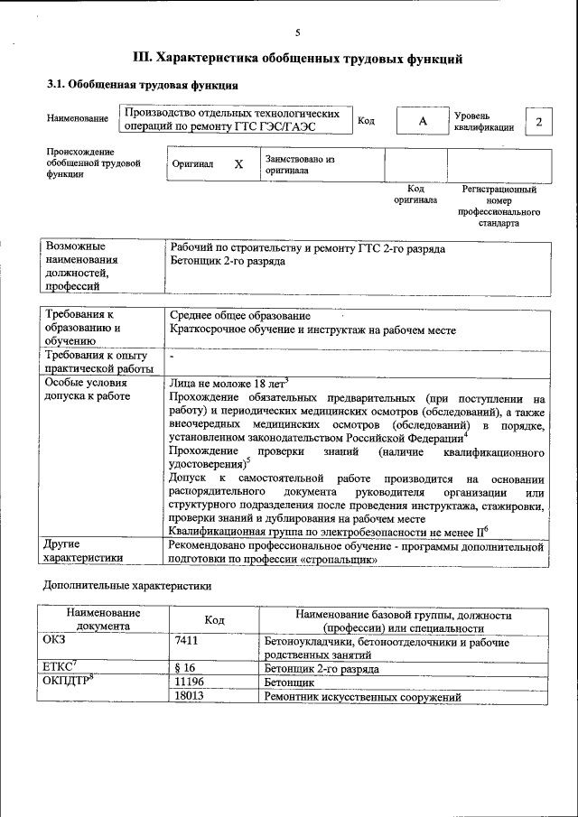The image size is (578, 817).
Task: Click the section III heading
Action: [297, 60]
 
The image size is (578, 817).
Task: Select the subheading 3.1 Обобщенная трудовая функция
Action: [142, 87]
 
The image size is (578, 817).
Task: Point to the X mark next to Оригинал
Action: [238, 165]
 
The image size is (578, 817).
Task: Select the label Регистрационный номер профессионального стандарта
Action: [499, 206]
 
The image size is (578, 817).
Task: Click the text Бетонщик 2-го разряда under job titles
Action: [228, 261]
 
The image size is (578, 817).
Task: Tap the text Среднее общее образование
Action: [240, 316]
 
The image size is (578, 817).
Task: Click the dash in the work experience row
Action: [172, 359]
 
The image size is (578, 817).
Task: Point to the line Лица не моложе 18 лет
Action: [228, 383]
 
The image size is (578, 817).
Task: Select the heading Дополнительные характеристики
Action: [127, 586]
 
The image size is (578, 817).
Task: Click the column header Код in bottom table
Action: [214, 620]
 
